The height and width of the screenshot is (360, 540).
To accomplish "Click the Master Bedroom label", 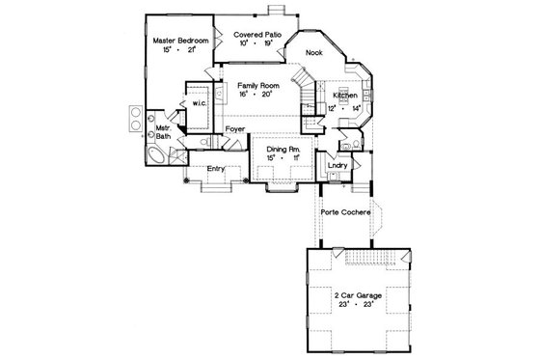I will coord(181,41).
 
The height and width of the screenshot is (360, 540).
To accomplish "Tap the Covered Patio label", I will coord(258,34).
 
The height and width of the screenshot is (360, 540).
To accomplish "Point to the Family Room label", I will coord(258,86).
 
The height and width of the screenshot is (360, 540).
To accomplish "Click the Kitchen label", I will coord(346,97).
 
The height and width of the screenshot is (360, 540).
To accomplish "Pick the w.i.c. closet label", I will coord(201,102).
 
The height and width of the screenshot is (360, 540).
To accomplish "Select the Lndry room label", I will coord(337,165).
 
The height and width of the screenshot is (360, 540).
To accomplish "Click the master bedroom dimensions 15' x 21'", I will coord(180,50).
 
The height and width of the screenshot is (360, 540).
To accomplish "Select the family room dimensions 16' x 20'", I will coord(257,96).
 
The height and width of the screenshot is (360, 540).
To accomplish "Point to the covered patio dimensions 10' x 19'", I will coord(258,43).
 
